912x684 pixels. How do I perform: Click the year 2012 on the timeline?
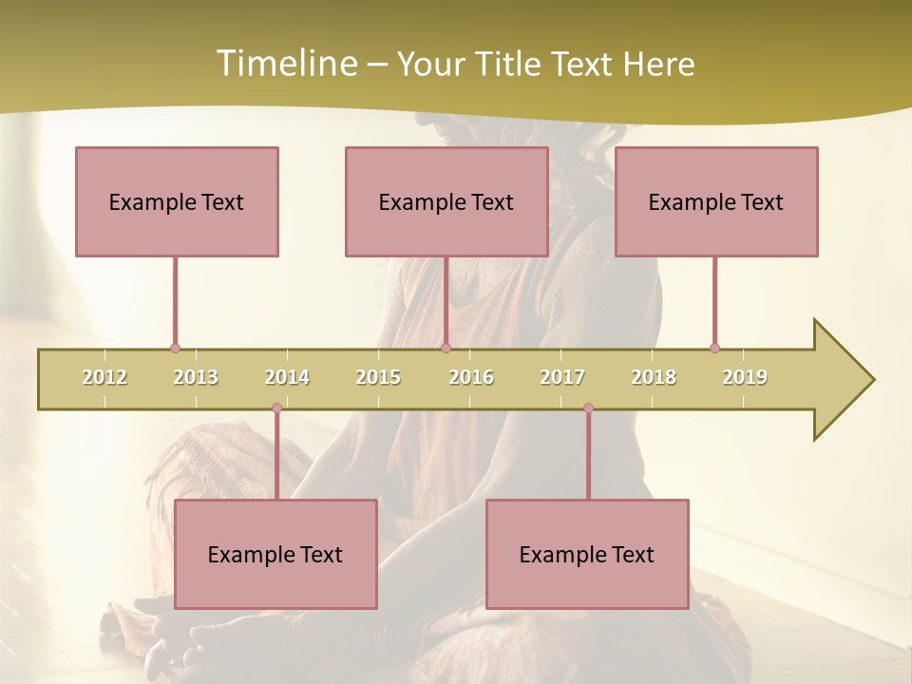click(x=104, y=377)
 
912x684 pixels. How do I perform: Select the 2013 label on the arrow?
click(x=196, y=377)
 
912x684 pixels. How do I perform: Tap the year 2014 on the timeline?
click(x=287, y=377)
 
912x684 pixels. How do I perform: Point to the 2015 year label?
click(x=378, y=377)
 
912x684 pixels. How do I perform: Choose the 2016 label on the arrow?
click(x=471, y=377)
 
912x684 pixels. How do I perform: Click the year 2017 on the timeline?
click(x=562, y=377)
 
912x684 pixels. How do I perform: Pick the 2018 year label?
click(x=654, y=377)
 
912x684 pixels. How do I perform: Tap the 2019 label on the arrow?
click(x=745, y=377)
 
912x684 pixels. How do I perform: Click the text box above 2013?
click(x=177, y=201)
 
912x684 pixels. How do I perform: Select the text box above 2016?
click(x=446, y=201)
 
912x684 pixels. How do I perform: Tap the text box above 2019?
click(x=716, y=201)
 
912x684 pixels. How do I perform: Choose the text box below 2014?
click(x=275, y=554)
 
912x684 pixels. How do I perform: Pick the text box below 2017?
click(x=587, y=554)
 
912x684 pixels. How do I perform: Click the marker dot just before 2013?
click(x=175, y=349)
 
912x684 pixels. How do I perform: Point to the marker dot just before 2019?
click(x=714, y=349)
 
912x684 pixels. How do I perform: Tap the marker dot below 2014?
click(x=276, y=408)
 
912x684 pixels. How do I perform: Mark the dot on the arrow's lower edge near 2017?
click(x=588, y=408)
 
